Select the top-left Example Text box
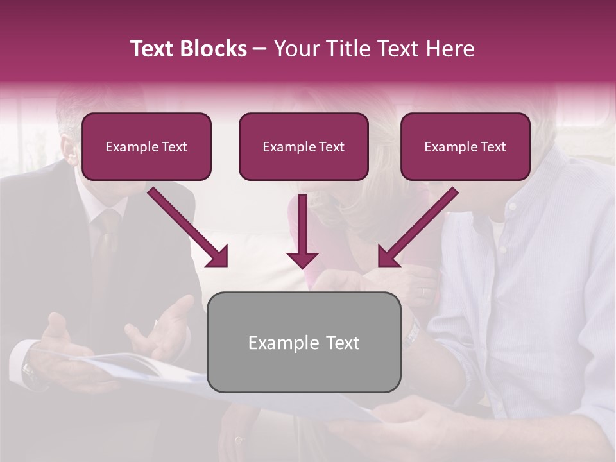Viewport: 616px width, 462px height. tap(146, 146)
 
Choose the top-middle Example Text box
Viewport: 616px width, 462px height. tap(304, 146)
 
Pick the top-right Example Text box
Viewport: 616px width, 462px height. tap(465, 146)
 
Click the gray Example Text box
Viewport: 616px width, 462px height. tap(304, 342)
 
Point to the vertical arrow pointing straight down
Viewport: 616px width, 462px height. tap(302, 231)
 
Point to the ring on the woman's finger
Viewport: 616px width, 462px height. tap(423, 292)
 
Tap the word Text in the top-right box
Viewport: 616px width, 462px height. tap(493, 147)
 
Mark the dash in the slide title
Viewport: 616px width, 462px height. tap(260, 49)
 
